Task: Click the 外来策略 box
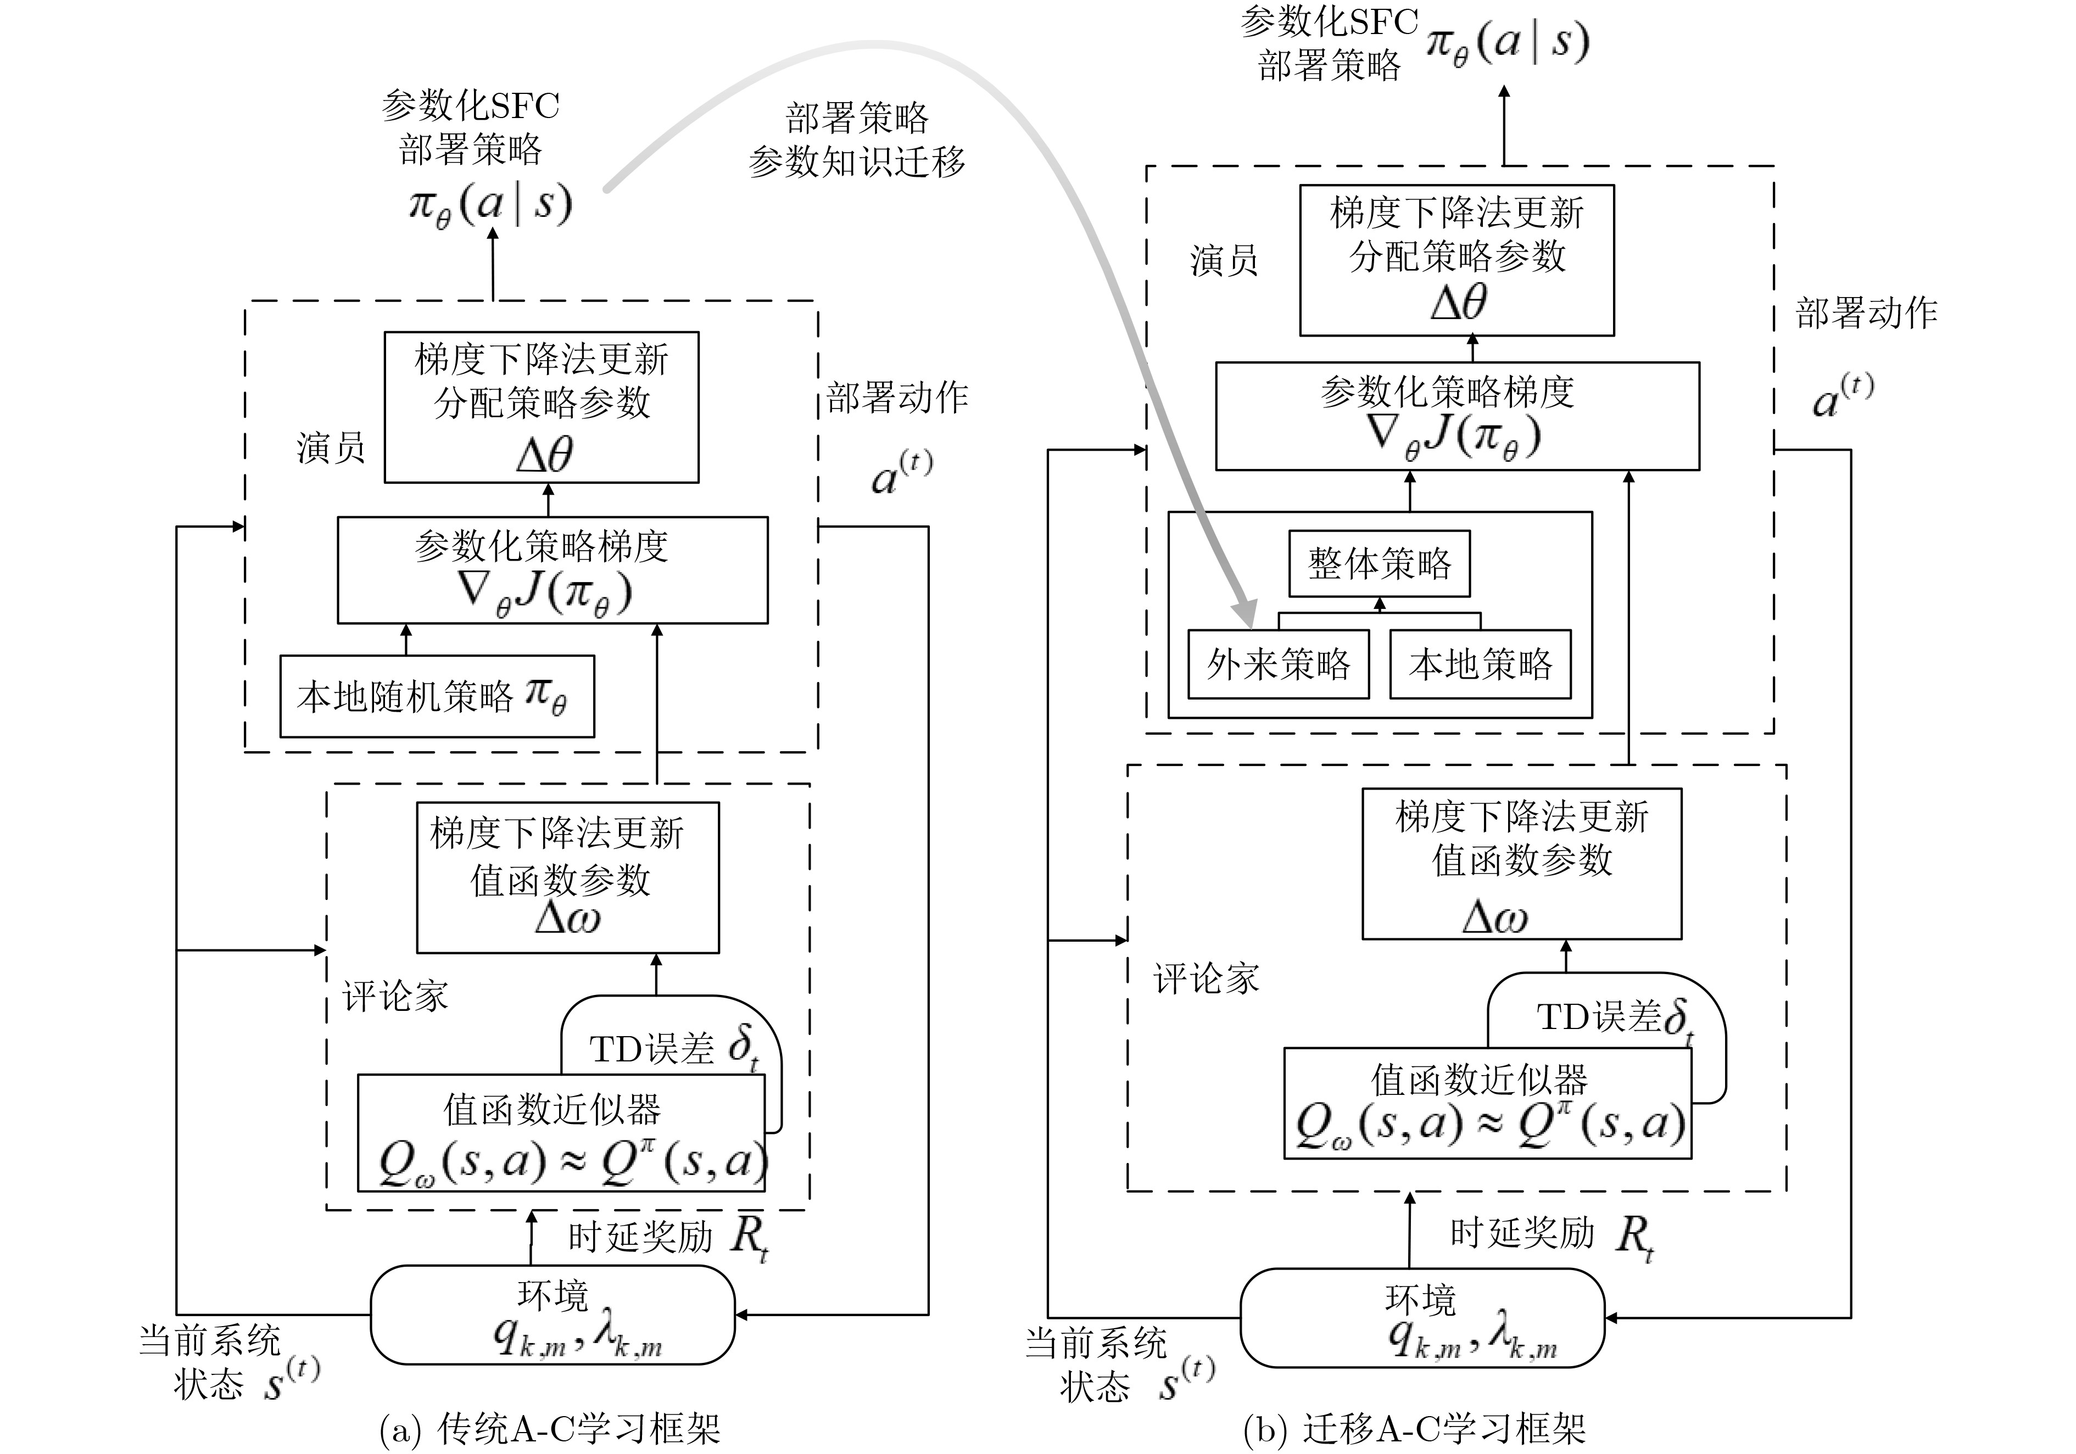(1277, 664)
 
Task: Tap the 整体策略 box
(1379, 563)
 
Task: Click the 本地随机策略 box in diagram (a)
(437, 696)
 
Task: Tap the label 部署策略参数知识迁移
(856, 140)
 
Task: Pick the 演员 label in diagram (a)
(331, 448)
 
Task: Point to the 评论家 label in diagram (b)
(1206, 978)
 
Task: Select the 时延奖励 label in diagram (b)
(1522, 1233)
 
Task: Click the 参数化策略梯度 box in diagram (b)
(1456, 416)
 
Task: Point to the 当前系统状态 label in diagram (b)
(1096, 1363)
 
